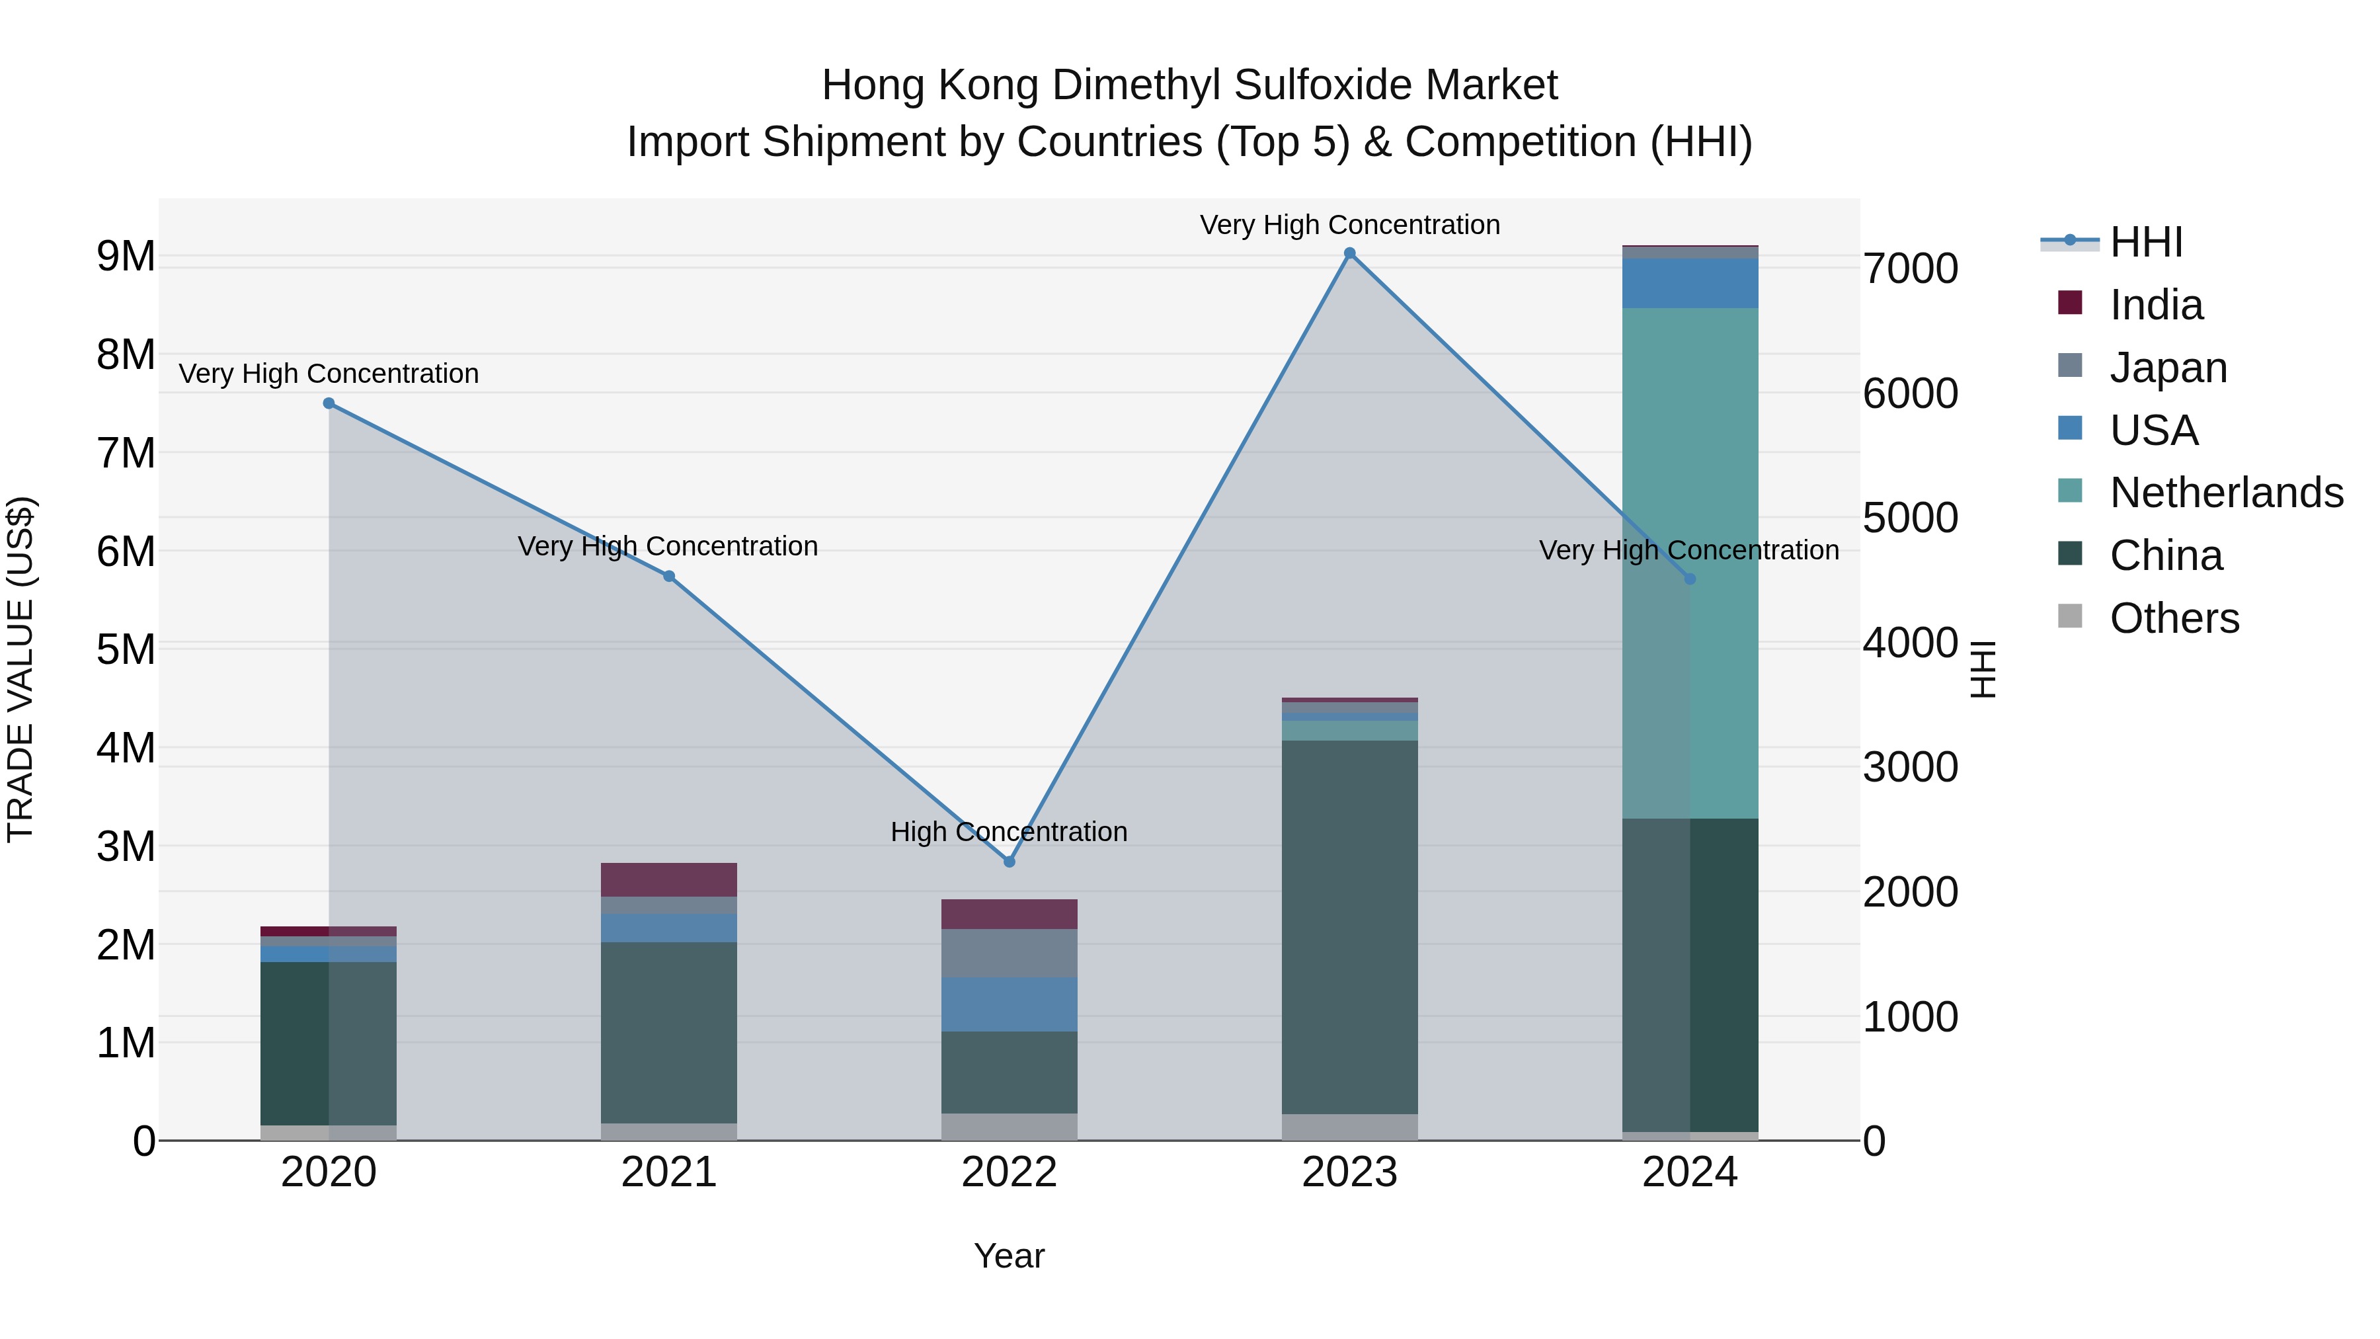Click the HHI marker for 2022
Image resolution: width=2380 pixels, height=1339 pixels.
click(x=1009, y=861)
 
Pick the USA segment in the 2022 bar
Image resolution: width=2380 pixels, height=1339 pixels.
click(x=1009, y=1004)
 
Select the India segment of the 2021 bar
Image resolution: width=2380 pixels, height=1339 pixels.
click(x=669, y=879)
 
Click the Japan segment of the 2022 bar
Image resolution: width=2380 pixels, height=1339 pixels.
click(x=1009, y=953)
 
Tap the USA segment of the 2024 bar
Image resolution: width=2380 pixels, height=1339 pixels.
click(x=1690, y=283)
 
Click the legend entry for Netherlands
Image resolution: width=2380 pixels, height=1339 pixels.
click(x=2225, y=493)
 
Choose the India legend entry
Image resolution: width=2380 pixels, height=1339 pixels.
click(x=2155, y=305)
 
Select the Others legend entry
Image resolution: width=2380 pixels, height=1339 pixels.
click(x=2173, y=618)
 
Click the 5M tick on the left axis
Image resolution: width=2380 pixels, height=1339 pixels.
click(x=126, y=649)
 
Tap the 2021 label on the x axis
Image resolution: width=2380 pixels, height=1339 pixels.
click(x=669, y=1172)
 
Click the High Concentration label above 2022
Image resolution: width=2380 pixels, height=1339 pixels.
click(x=1009, y=832)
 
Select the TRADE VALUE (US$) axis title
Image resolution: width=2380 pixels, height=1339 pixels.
click(x=20, y=669)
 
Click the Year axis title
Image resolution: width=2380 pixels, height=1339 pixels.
click(x=1009, y=1256)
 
